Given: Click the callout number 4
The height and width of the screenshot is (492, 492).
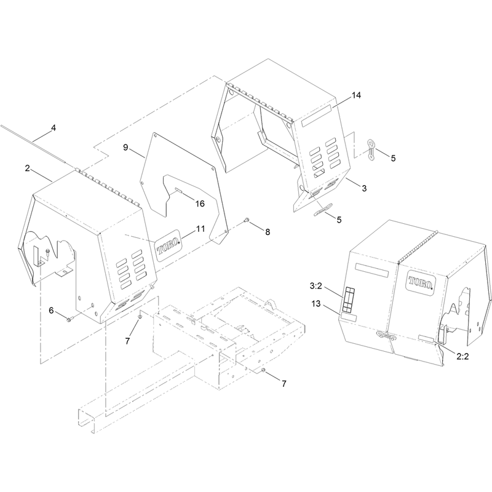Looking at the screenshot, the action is [54, 128].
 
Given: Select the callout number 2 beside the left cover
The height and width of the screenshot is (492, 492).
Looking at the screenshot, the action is [28, 168].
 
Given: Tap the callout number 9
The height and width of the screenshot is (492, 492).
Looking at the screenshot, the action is [125, 147].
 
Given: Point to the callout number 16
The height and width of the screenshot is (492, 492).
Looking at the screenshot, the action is [200, 204].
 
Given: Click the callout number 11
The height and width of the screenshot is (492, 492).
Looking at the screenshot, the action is [200, 229].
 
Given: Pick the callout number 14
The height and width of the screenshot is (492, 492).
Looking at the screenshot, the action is [357, 95].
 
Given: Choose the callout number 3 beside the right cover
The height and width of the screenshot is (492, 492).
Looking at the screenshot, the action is [364, 188].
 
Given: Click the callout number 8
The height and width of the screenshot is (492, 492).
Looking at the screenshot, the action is [268, 232].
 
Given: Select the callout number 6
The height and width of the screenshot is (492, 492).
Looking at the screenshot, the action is [52, 311].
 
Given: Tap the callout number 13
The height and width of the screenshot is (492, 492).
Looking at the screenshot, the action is [316, 303].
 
